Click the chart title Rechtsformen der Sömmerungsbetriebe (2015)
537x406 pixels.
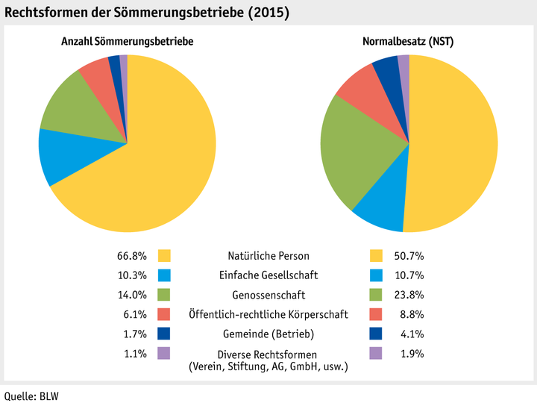tap(147, 13)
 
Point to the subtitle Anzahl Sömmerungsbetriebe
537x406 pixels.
tap(127, 43)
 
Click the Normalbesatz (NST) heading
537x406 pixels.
tap(408, 43)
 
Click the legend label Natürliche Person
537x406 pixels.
tap(269, 256)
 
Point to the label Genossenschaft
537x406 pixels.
tap(269, 295)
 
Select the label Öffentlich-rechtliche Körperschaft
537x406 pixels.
tap(269, 314)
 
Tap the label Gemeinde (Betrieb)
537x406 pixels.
tap(269, 334)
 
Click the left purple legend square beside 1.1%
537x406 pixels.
tap(165, 353)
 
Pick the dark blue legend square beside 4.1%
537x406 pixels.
tap(377, 334)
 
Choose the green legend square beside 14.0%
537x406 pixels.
tap(165, 295)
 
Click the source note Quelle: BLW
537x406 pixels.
tap(31, 396)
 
